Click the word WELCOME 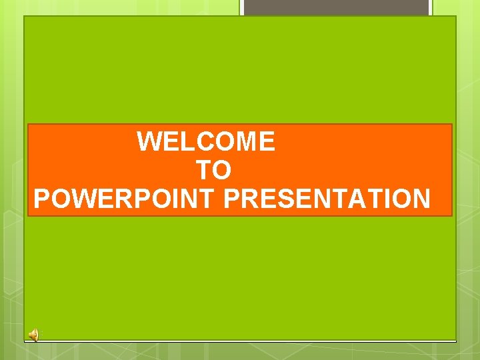(x=205, y=142)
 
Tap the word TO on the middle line (x=213, y=171)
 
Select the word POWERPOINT (x=125, y=199)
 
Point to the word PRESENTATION (x=327, y=199)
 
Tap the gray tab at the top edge (x=335, y=7)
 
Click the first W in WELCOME (x=149, y=142)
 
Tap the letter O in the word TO (x=221, y=171)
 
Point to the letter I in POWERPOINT (x=173, y=199)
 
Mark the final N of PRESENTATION (x=421, y=199)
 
